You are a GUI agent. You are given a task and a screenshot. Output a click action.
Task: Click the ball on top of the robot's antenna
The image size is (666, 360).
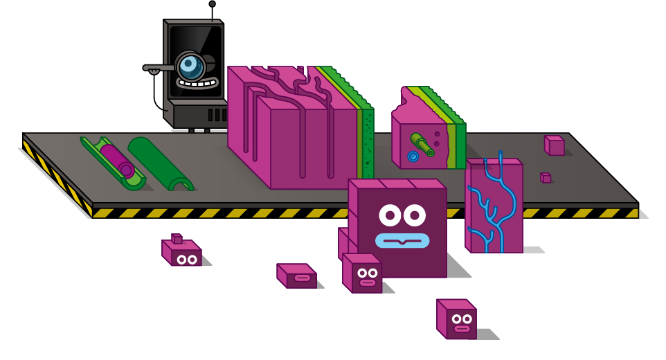click(x=212, y=4)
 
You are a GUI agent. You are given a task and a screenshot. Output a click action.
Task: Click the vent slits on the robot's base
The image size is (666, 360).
click(x=217, y=115)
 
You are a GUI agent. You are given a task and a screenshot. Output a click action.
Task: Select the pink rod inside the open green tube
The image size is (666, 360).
click(x=116, y=160)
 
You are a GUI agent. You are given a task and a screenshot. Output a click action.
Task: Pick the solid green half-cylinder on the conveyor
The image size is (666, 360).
click(x=159, y=163)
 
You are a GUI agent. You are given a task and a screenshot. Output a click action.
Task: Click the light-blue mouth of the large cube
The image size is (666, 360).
click(x=402, y=240)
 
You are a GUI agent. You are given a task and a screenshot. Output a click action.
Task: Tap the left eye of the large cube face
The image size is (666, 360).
click(x=390, y=215)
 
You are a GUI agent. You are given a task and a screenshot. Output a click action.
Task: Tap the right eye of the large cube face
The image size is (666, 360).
click(x=414, y=215)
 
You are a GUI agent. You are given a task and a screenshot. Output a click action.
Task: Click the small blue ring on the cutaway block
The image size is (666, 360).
click(x=413, y=156)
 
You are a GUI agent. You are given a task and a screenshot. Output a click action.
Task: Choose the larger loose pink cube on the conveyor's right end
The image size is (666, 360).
click(x=555, y=145)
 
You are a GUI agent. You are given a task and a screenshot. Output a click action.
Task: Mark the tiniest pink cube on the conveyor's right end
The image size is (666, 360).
click(x=546, y=178)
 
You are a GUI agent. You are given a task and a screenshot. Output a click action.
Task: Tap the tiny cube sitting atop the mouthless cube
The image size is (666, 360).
click(x=177, y=239)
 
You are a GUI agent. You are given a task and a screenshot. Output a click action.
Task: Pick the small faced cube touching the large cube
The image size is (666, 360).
click(x=363, y=273)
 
